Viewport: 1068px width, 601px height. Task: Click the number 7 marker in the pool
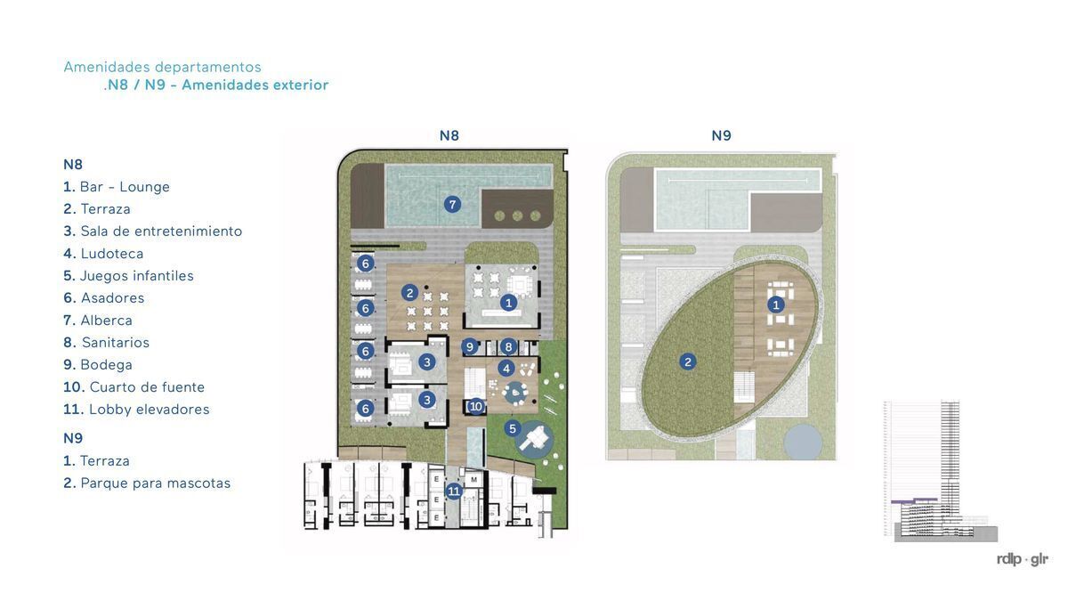click(452, 205)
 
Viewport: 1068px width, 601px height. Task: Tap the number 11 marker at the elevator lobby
click(453, 491)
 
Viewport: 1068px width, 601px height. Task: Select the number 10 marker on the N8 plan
click(476, 406)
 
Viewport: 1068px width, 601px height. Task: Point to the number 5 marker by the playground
click(513, 428)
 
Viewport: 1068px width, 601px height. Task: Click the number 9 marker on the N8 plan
click(470, 346)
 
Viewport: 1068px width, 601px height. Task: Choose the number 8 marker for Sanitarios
click(508, 346)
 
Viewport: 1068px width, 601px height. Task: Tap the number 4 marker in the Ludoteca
click(506, 369)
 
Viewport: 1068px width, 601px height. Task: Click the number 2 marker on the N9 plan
click(687, 361)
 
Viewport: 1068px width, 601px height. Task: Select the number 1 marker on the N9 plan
click(776, 305)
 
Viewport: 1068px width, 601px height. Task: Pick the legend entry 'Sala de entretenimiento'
click(161, 231)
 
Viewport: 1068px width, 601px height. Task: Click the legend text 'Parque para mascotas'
click(156, 483)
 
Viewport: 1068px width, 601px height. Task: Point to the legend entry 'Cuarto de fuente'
click(147, 386)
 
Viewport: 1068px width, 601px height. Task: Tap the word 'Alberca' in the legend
click(106, 320)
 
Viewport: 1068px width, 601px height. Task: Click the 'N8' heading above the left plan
click(449, 135)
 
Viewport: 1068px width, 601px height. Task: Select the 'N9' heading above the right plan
click(722, 135)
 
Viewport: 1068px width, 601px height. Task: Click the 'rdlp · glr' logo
click(1023, 559)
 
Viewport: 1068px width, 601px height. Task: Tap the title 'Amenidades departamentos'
click(163, 67)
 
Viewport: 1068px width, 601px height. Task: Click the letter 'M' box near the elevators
click(473, 479)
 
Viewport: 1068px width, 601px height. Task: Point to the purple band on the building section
click(914, 500)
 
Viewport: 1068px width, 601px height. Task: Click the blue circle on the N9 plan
click(803, 442)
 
